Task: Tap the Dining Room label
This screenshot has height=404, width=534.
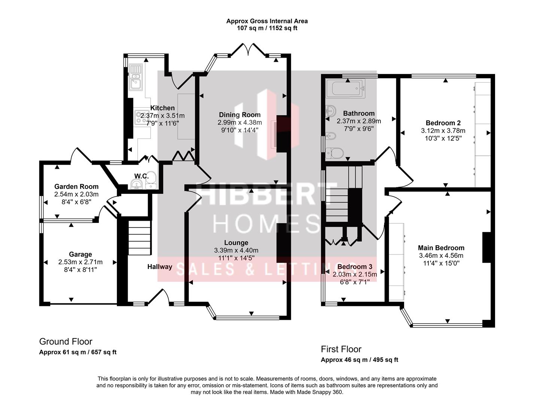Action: [240, 115]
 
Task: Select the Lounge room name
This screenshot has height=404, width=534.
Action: [236, 243]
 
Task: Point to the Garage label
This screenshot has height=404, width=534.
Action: [80, 254]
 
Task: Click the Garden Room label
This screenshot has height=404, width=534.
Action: [76, 186]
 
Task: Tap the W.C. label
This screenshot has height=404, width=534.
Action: [142, 176]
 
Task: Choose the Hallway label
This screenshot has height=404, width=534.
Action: [160, 267]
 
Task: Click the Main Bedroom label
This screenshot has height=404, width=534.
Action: [441, 248]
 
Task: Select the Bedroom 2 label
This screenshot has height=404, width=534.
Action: [443, 123]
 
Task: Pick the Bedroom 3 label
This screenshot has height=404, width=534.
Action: [355, 267]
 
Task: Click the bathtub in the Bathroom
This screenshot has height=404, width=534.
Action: [345, 89]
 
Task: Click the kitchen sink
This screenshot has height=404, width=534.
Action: [135, 77]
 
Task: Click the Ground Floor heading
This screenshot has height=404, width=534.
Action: [66, 341]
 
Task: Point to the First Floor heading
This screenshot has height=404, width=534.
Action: [341, 349]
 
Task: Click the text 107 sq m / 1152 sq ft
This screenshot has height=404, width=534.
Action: [267, 28]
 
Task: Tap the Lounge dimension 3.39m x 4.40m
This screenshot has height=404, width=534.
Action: [236, 250]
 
